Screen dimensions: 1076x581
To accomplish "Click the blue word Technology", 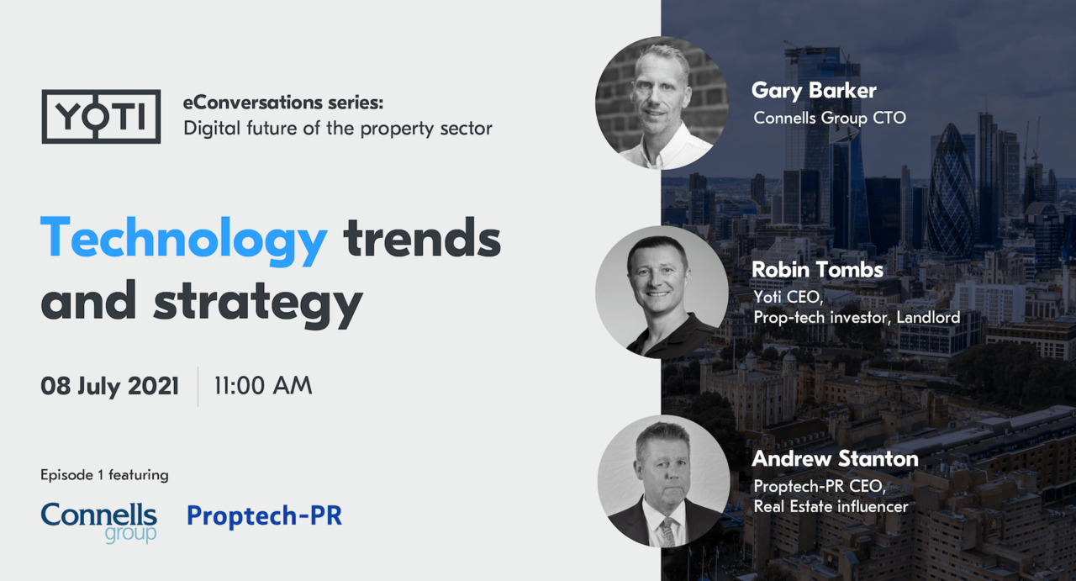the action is tap(184, 240).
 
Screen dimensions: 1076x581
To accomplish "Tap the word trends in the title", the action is tap(422, 238).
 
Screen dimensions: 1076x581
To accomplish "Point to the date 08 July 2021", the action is tap(109, 387).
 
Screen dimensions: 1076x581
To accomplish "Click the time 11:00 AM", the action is tap(263, 385).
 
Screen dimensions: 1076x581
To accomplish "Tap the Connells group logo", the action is tap(99, 523).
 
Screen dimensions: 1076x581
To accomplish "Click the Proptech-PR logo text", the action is tap(264, 515).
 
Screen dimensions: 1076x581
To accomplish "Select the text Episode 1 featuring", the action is tap(105, 475).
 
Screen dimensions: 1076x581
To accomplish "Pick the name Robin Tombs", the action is tap(817, 270).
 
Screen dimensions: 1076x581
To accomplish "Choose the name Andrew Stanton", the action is tap(835, 458).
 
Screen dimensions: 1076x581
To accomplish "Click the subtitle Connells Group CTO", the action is tap(830, 119).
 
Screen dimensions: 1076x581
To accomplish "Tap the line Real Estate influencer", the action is tap(831, 506).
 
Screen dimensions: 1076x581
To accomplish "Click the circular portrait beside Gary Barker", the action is tap(662, 103).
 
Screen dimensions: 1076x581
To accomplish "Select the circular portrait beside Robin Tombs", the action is tap(662, 293).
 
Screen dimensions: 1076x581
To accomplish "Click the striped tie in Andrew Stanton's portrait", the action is tap(667, 532).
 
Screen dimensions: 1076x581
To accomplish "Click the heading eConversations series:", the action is tap(283, 103).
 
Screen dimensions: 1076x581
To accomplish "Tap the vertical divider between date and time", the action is tap(198, 387).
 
